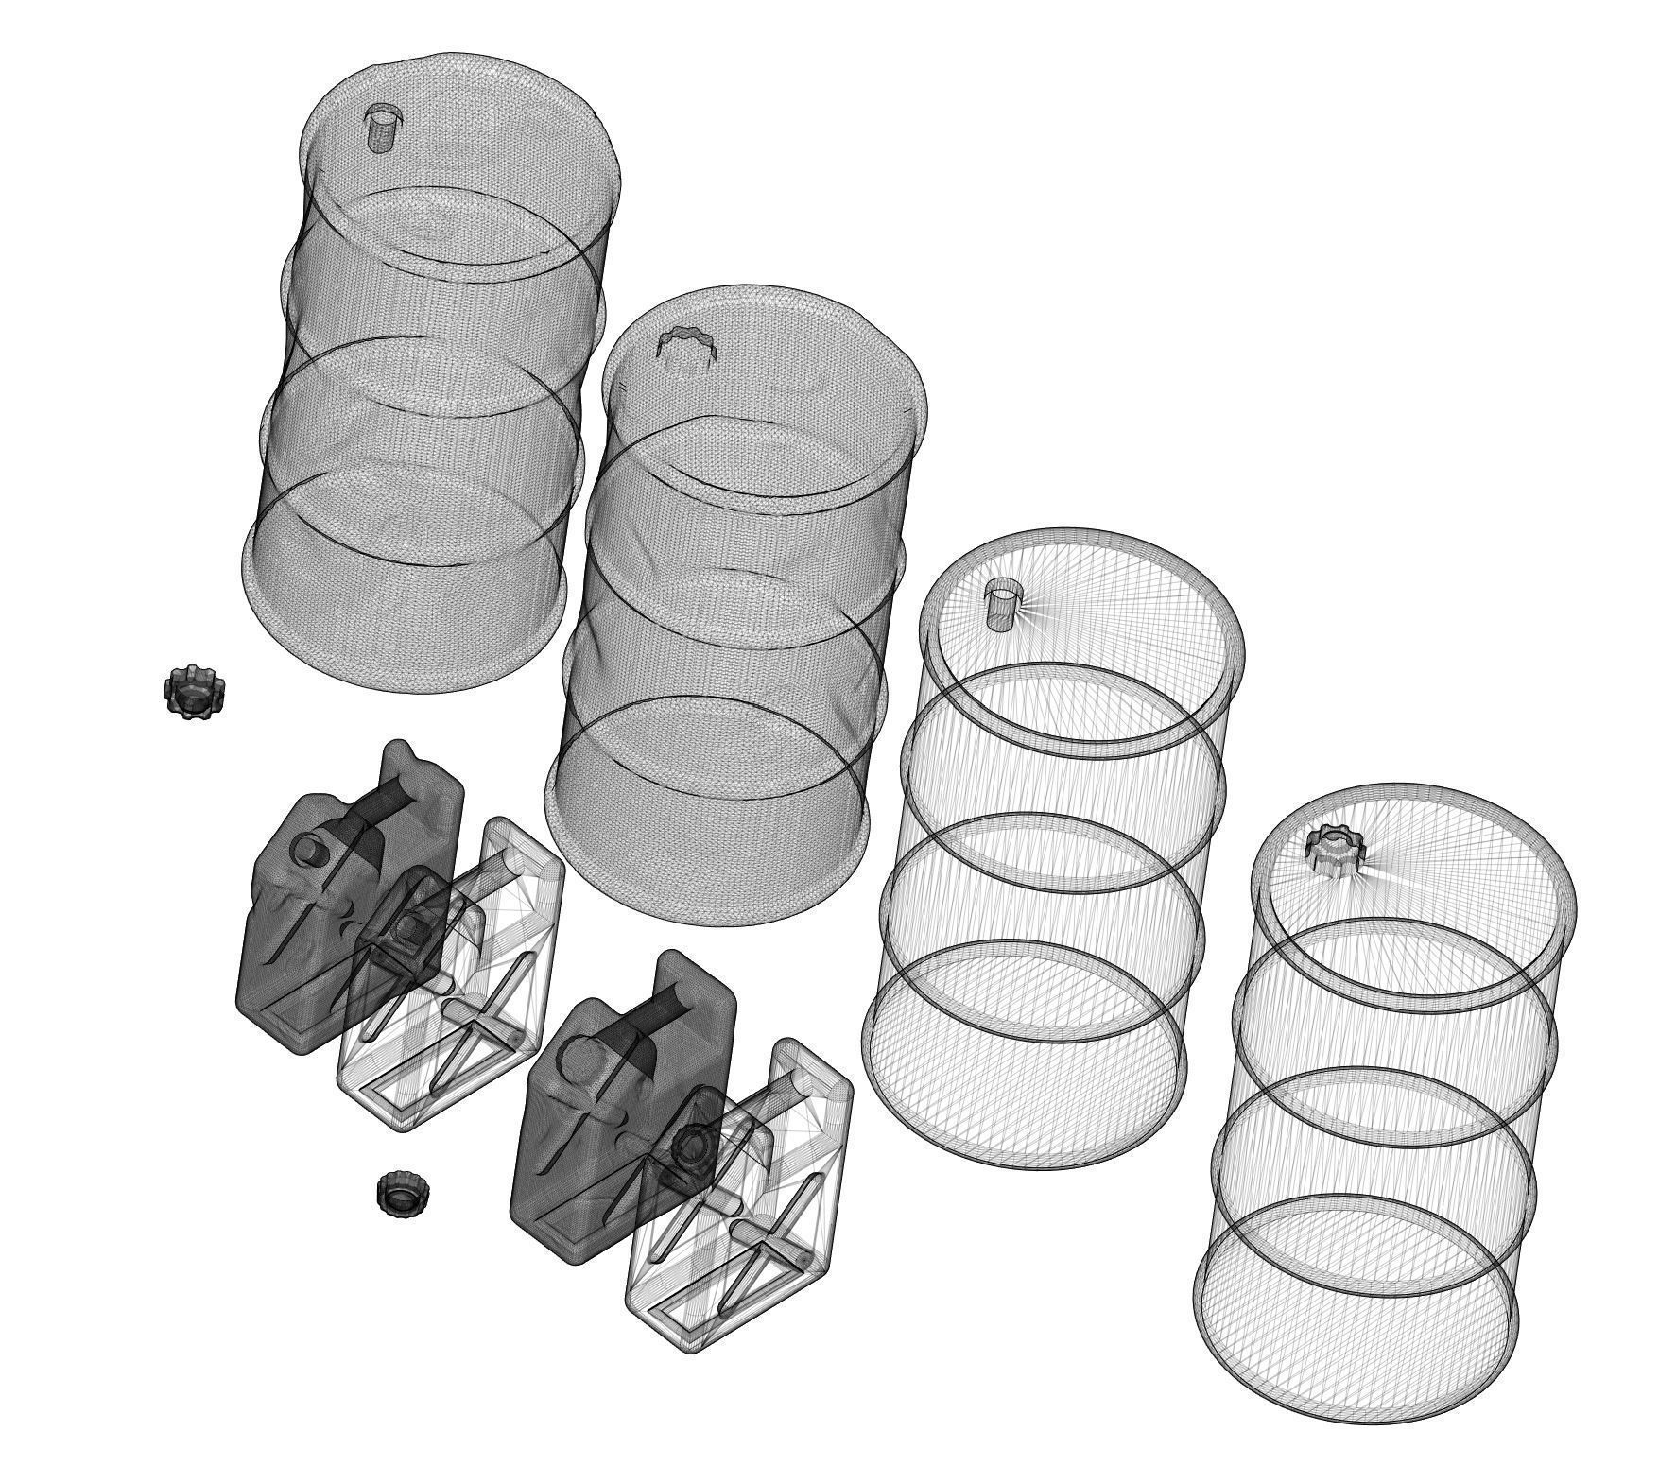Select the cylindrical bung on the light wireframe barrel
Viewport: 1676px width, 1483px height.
click(x=1001, y=603)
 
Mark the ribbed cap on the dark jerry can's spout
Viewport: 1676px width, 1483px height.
click(x=695, y=1151)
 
